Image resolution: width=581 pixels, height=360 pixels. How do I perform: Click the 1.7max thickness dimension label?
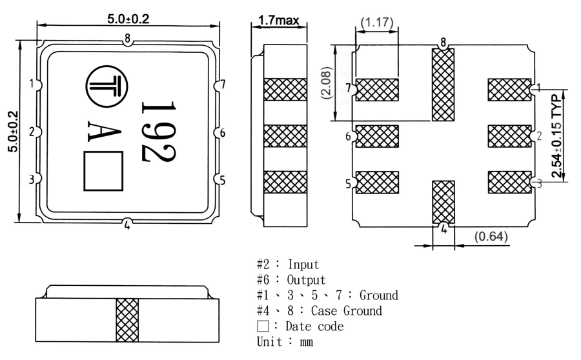[278, 21]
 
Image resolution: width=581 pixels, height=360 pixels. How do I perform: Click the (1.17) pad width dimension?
[378, 23]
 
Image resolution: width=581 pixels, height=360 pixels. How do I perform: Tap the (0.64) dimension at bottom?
[491, 237]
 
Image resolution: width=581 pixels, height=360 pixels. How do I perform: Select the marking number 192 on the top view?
[158, 131]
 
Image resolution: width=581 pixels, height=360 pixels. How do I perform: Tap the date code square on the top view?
[103, 171]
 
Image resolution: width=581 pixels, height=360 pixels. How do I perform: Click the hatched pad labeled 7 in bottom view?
[377, 90]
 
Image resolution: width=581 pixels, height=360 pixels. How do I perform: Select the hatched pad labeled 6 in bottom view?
[377, 136]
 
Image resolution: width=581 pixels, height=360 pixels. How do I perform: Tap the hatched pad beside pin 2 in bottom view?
[509, 136]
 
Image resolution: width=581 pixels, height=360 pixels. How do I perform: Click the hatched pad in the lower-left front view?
[127, 321]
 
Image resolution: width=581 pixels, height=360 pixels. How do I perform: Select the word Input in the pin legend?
[303, 265]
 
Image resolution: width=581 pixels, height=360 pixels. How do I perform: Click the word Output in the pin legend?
[307, 280]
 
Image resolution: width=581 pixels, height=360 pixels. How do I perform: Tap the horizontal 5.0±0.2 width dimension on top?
[128, 19]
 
